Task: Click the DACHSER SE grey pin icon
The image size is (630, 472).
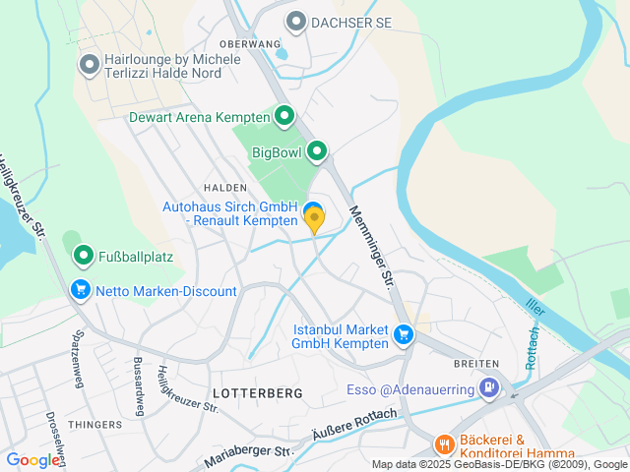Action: (x=296, y=21)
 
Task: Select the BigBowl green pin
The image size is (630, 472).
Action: (x=317, y=152)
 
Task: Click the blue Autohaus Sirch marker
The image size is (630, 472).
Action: (x=314, y=212)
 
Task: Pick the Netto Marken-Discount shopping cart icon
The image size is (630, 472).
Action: (x=80, y=290)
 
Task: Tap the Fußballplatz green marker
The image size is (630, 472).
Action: (x=85, y=258)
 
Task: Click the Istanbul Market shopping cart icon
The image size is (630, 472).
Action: (x=403, y=335)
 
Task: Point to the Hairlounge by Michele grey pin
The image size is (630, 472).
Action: (x=90, y=66)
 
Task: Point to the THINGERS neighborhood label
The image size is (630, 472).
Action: (x=94, y=425)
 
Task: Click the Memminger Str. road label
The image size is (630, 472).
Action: (x=371, y=242)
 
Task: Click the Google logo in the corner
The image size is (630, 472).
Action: (x=33, y=459)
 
